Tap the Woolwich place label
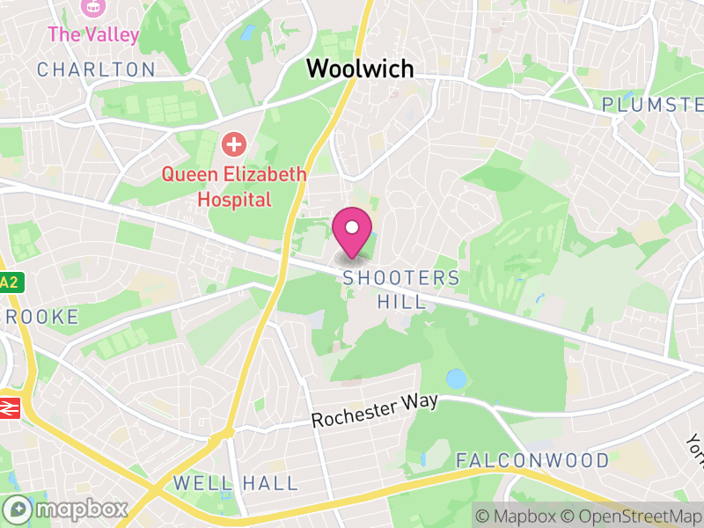(x=359, y=69)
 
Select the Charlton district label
(x=96, y=70)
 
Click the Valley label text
(x=93, y=35)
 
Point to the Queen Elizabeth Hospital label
(x=233, y=186)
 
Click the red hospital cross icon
(x=233, y=143)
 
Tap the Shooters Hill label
(x=401, y=290)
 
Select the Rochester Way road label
(x=375, y=409)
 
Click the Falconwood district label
(x=532, y=460)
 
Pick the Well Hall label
(x=235, y=483)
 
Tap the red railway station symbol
(x=10, y=408)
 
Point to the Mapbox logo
(x=67, y=509)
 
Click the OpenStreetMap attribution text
(x=628, y=516)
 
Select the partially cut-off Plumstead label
(x=652, y=105)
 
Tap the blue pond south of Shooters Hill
(x=457, y=379)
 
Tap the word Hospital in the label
(x=234, y=199)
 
